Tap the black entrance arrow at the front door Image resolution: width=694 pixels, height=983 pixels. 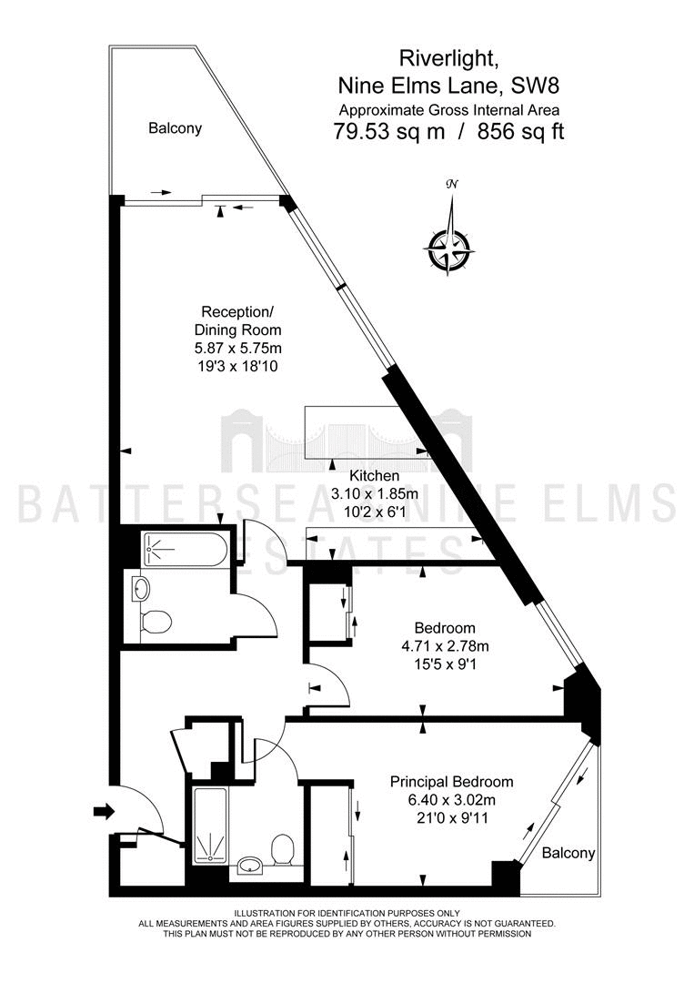[104, 813]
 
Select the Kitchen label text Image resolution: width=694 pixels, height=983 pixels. [374, 476]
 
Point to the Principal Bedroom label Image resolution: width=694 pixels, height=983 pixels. [452, 782]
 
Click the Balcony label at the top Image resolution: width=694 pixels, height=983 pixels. [175, 128]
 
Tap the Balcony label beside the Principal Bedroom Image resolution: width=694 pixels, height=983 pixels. [568, 853]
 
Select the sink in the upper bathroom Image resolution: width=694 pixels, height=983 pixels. [142, 589]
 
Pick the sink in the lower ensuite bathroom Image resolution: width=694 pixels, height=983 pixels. [252, 866]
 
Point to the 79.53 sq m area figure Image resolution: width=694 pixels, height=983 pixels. [389, 132]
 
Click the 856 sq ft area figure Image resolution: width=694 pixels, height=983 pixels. [521, 132]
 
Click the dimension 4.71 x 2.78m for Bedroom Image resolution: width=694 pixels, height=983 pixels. [446, 645]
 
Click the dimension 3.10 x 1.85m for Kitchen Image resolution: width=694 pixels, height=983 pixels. [374, 494]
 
